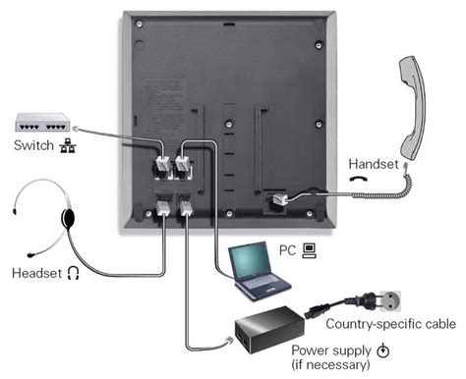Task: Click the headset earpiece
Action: (69, 216)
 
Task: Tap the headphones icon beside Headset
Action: (72, 272)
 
